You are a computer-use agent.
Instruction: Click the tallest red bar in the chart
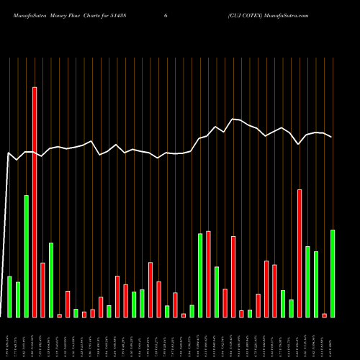(x=35, y=202)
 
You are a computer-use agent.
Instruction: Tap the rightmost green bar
(x=333, y=274)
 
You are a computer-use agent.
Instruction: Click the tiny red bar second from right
(x=324, y=315)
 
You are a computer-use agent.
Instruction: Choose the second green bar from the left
(x=18, y=300)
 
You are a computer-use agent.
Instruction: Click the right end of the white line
(x=331, y=137)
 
